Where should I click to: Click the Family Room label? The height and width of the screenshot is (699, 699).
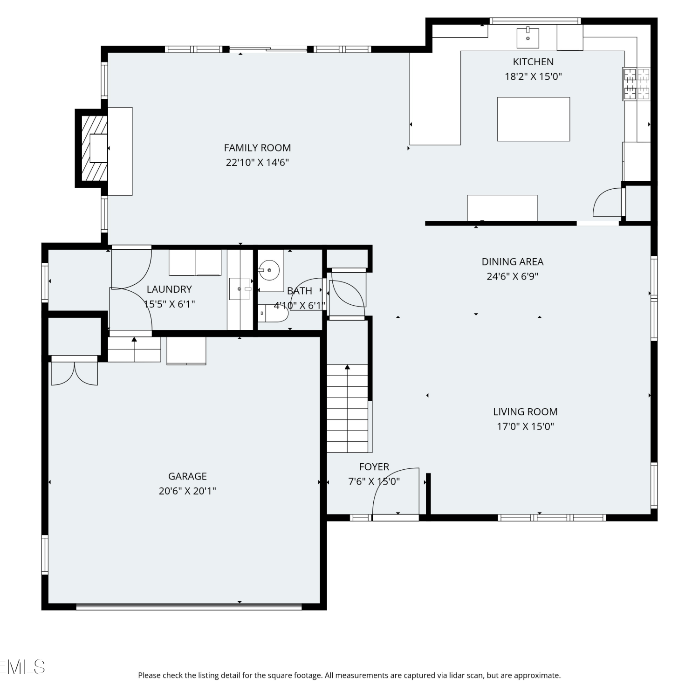[x=257, y=148]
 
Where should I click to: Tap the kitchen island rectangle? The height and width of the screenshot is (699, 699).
[x=533, y=119]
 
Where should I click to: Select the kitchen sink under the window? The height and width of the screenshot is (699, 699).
[x=528, y=38]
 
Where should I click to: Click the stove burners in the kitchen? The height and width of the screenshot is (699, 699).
[x=637, y=84]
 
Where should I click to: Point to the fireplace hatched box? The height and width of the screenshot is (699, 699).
[x=95, y=148]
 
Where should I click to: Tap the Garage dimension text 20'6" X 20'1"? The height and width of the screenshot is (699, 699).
[x=187, y=491]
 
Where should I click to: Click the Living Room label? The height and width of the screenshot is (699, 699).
[x=525, y=411]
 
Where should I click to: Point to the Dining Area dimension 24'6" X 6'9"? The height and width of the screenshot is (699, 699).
[x=512, y=276]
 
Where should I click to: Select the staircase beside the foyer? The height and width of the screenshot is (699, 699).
[x=347, y=408]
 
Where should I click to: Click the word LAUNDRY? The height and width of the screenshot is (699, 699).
[x=169, y=289]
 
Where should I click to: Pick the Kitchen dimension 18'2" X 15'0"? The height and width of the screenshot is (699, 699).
[x=533, y=76]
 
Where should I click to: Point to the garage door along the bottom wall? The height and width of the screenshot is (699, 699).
[x=189, y=606]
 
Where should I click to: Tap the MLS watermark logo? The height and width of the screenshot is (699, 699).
[x=23, y=667]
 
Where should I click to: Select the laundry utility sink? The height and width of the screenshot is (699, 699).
[x=240, y=289]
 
